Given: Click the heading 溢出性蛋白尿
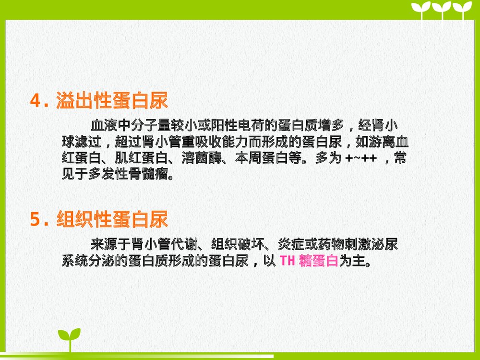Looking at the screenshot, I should pos(112,101).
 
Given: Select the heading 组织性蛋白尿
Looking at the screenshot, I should pos(112,220).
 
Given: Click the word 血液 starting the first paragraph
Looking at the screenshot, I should pos(104,126).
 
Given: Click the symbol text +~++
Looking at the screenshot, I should pos(361,159).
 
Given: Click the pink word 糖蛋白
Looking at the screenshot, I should pos(319,262).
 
